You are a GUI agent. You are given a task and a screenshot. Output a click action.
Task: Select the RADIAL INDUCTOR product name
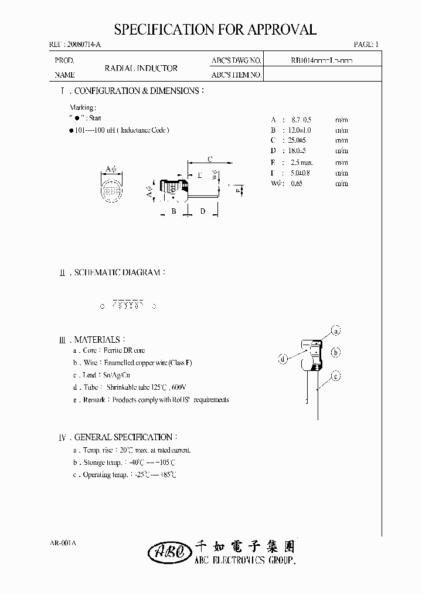coord(141,68)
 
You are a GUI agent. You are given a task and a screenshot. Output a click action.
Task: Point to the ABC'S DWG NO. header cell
coord(236,60)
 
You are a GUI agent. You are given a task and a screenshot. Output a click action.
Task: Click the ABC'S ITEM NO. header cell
coord(236,75)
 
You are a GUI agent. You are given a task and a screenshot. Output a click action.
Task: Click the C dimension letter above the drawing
coord(210,158)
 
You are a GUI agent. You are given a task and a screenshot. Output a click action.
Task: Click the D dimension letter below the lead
coord(202,211)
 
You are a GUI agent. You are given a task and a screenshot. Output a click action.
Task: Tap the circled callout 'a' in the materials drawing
coord(336,331)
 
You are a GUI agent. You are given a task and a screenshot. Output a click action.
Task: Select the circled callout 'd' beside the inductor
coord(283,359)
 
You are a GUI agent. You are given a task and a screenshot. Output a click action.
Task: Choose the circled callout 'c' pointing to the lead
coord(336,377)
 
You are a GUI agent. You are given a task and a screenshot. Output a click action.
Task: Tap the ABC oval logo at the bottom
coord(169,551)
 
